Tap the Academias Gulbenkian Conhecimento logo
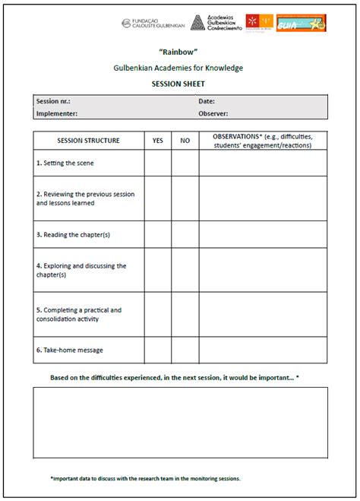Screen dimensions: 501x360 point(216,24)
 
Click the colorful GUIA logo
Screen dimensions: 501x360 point(301,23)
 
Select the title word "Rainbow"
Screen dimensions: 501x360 point(180,52)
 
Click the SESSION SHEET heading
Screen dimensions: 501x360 point(180,84)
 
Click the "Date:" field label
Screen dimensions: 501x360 point(207,101)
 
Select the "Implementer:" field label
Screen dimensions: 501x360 point(56,113)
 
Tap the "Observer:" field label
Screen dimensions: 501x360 point(214,113)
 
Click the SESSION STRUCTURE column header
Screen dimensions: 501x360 point(88,141)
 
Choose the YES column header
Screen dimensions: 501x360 point(157,141)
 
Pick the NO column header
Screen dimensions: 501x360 point(185,141)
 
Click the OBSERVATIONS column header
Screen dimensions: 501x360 point(263,141)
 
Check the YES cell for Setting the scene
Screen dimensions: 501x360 point(157,163)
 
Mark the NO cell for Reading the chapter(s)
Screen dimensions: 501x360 point(185,234)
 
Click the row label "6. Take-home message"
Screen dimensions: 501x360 point(69,350)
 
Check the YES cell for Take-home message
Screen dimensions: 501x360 point(157,350)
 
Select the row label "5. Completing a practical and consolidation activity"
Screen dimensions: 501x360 point(79,315)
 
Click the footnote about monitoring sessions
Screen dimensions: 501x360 point(145,478)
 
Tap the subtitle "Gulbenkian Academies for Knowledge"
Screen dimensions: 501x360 point(180,68)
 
